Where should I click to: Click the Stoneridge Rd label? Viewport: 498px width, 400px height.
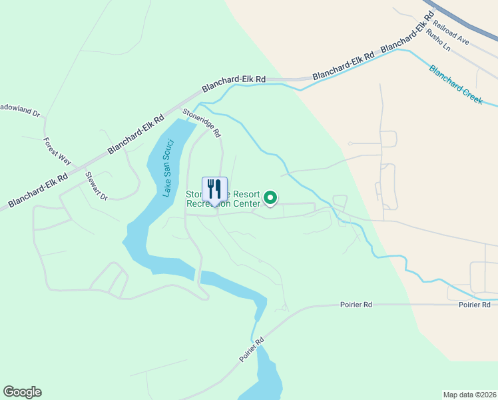coord(202,123)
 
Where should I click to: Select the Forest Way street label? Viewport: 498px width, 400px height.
coord(57,151)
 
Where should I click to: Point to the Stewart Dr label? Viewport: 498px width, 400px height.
coord(96,185)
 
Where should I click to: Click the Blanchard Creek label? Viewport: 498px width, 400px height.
coord(456,84)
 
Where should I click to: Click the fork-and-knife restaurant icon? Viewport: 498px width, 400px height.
coord(214,189)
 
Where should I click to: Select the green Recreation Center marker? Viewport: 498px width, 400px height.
coord(270,197)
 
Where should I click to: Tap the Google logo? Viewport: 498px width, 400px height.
coord(22,392)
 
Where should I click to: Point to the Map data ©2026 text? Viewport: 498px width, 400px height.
coord(469,394)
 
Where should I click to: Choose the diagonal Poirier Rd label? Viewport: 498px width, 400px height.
coord(252,350)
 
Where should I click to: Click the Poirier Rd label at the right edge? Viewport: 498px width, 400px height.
coord(474,304)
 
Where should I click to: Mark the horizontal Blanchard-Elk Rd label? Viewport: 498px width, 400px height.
coord(234,79)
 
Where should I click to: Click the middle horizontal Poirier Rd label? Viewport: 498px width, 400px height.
coord(356,304)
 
